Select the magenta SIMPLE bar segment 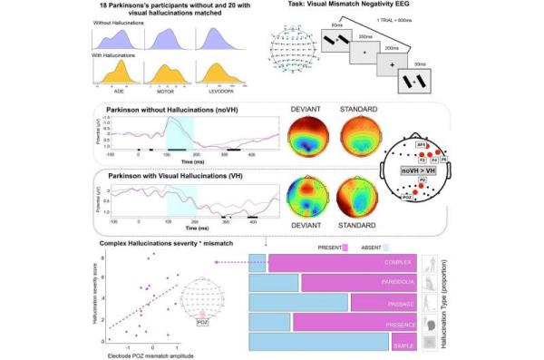[403, 343]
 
